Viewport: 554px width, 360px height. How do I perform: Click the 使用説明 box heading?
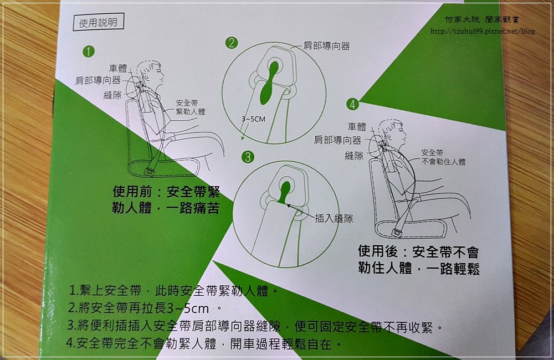(x=98, y=23)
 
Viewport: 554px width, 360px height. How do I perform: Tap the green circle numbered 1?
(x=87, y=52)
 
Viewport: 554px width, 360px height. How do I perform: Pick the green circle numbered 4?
(x=352, y=103)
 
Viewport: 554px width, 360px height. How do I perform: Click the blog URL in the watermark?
(x=482, y=31)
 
